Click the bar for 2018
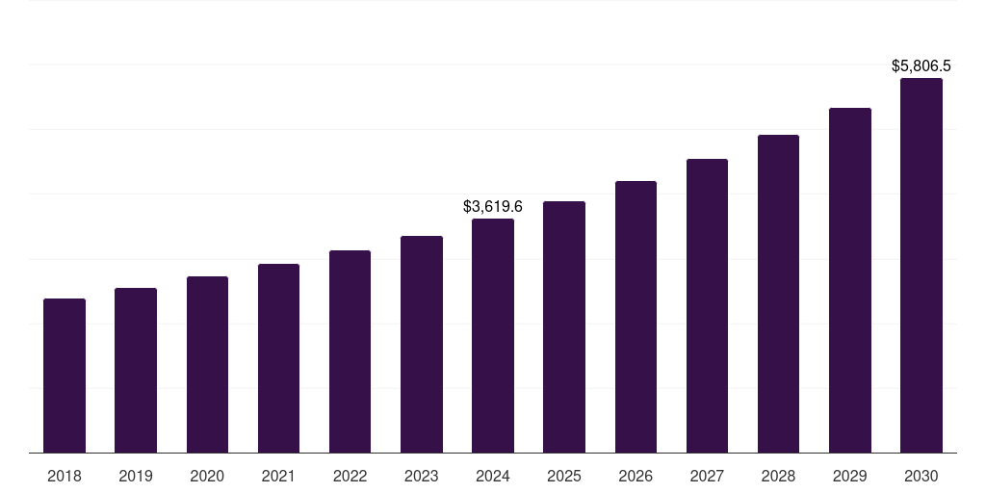65,376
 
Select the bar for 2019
136,371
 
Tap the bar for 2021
278,358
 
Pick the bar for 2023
422,345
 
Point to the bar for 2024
493,336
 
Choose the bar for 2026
636,317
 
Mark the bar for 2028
778,294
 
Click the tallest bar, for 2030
921,266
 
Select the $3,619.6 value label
493,206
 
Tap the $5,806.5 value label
921,66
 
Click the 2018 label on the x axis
65,476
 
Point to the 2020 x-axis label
207,476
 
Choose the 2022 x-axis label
350,476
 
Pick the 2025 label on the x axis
564,476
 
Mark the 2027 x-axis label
707,476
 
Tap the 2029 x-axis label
850,476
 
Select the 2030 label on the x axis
921,476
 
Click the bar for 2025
564,327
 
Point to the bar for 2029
850,280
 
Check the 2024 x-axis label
493,476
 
